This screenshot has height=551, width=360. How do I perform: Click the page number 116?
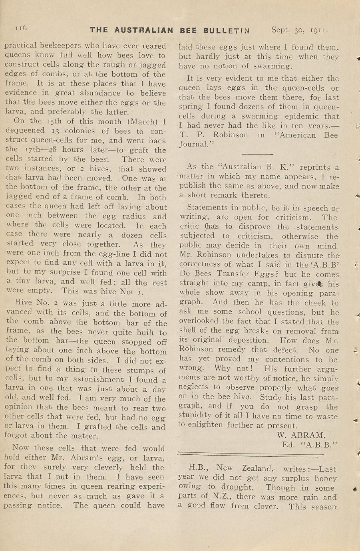coord(21,28)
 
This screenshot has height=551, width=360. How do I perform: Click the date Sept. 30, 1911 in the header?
coord(299,30)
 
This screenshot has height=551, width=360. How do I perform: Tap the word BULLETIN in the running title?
coord(227,30)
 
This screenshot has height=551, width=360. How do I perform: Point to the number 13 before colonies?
coord(55,131)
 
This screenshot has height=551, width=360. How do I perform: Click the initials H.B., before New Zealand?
coord(198,468)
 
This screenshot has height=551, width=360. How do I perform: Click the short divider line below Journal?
coord(257,154)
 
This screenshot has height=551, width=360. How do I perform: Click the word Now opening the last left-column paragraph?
coord(21,448)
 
